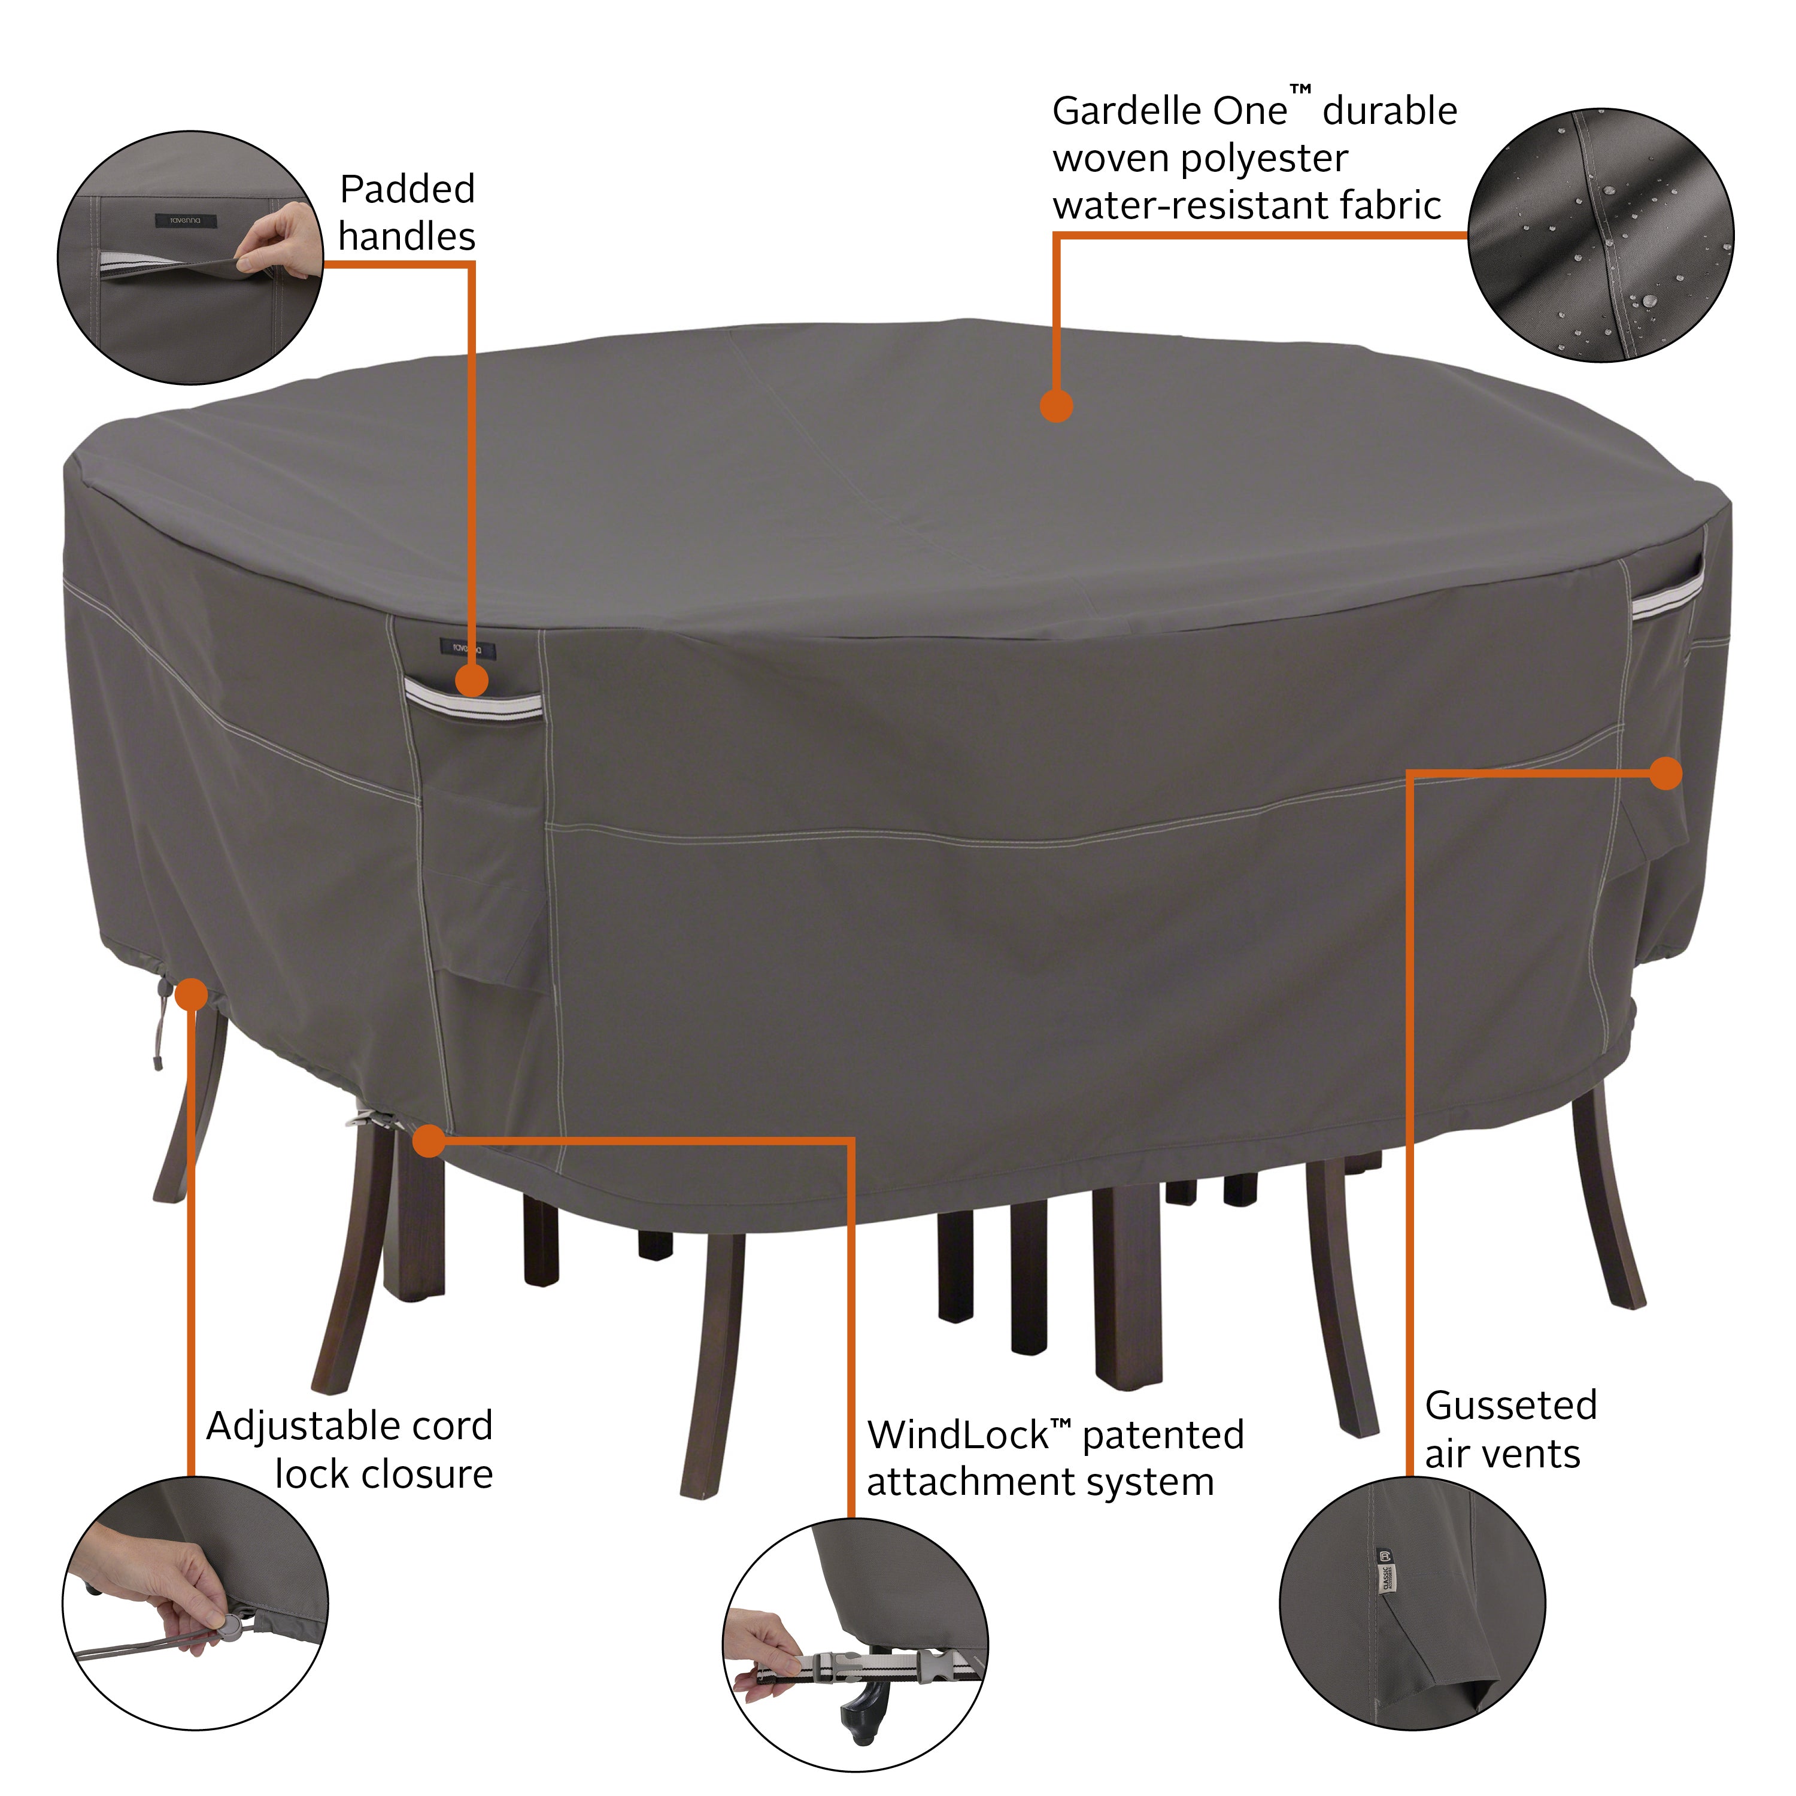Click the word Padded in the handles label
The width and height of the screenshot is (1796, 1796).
coord(407,190)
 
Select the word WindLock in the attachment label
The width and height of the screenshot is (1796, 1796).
coord(957,1436)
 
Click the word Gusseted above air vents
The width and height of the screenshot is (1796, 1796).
coord(1510,1406)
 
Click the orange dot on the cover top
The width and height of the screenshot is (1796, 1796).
coord(1056,406)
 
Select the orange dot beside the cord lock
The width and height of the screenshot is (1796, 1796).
coord(192,994)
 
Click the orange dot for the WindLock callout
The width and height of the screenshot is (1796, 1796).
coord(429,1140)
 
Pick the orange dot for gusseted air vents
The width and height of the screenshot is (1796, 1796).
coord(1666,772)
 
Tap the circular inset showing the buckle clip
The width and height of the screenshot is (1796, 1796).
coord(855,1645)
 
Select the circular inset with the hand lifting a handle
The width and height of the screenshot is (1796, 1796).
coord(190,257)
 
